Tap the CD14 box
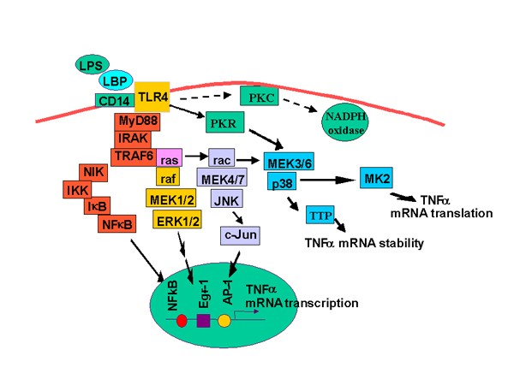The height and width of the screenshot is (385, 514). tap(113, 101)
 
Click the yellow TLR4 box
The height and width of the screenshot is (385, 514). tap(152, 89)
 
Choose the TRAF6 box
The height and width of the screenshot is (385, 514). tap(132, 157)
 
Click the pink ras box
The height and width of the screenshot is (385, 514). tap(169, 157)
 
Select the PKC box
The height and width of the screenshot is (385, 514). tap(261, 98)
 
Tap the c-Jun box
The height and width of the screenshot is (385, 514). tap(242, 234)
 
